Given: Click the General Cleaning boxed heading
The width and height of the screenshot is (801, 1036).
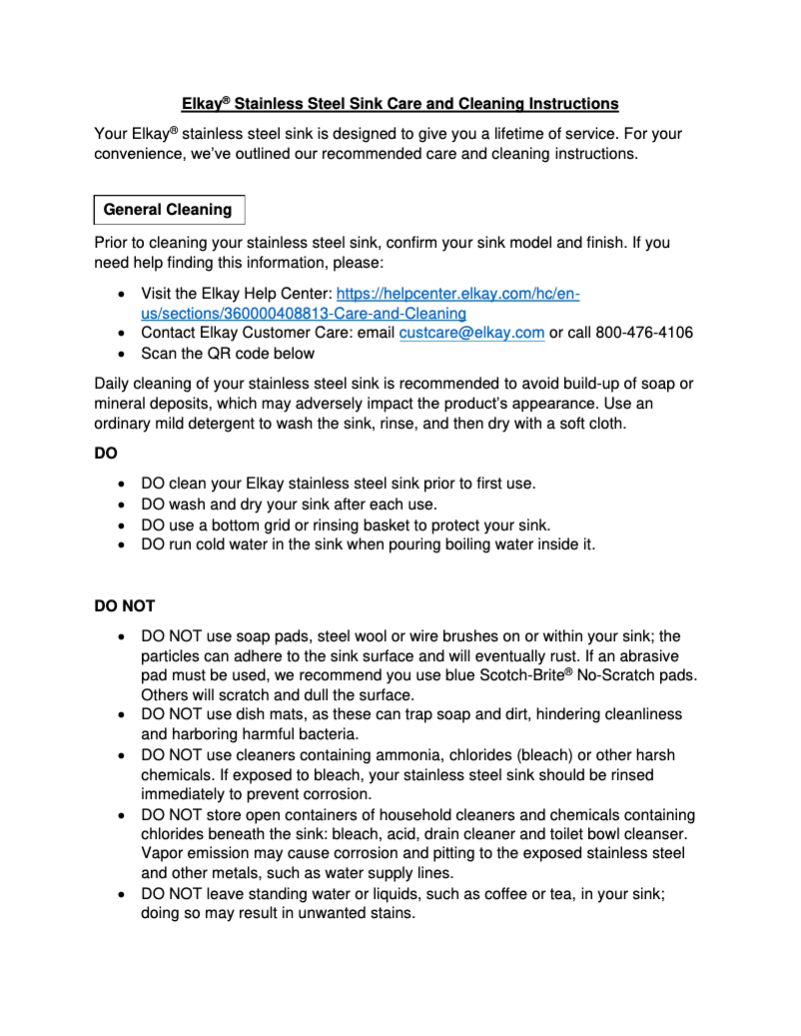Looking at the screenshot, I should [x=168, y=210].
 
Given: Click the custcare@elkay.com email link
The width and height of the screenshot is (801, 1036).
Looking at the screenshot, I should [x=471, y=333].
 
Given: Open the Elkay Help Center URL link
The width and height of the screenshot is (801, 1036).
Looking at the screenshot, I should [x=458, y=294].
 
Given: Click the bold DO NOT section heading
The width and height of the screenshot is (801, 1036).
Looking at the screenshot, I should [x=124, y=606].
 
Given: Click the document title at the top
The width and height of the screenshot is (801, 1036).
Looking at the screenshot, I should [x=400, y=104].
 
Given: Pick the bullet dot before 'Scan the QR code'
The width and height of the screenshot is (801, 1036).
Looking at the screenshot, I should [x=121, y=354].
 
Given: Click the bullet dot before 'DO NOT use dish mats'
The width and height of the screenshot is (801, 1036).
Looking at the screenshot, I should [x=121, y=715].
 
